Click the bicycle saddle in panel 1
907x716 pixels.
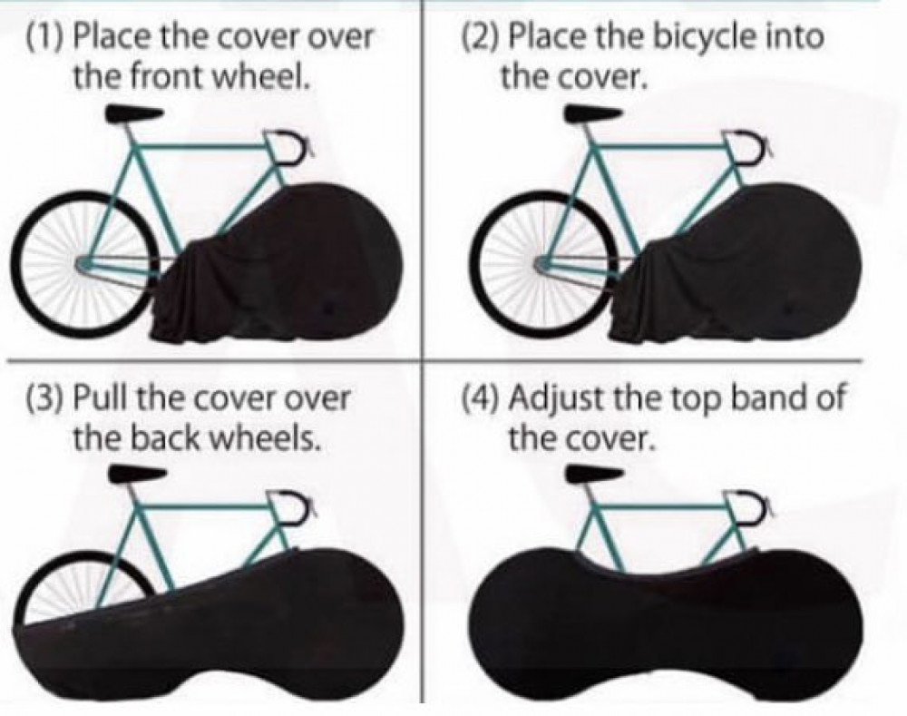pos(134,114)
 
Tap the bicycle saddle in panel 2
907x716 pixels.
pos(594,114)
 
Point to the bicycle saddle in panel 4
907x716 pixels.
pos(594,475)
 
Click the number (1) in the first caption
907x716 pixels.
pos(43,38)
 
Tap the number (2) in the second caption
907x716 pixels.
pos(479,38)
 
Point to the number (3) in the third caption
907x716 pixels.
pos(43,399)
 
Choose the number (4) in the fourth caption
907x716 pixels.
pos(481,399)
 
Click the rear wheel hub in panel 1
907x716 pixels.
pos(84,262)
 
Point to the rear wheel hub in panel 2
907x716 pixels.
pos(542,262)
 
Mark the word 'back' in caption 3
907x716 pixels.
pos(164,438)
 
